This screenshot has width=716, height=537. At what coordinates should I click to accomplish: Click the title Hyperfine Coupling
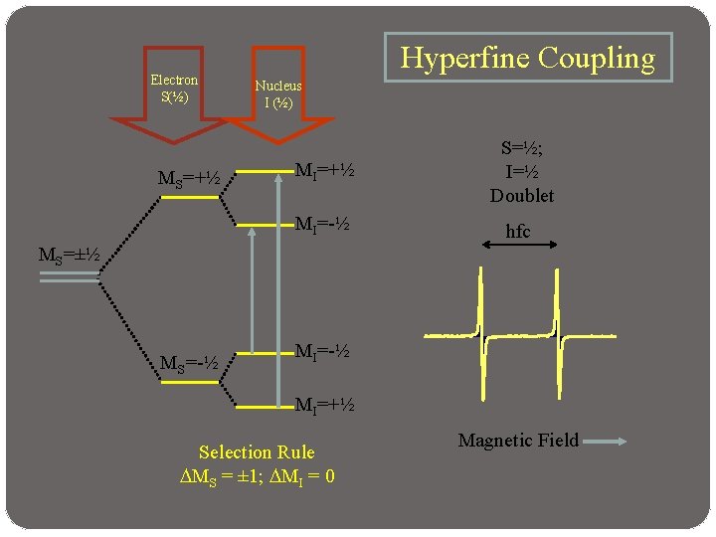[527, 58]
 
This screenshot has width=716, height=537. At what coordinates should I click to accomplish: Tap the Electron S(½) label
[174, 89]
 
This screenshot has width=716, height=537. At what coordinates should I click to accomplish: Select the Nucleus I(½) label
[277, 94]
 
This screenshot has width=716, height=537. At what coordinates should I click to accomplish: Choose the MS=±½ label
[69, 255]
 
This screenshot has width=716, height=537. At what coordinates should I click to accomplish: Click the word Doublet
[522, 195]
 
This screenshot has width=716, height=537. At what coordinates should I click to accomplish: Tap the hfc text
[518, 232]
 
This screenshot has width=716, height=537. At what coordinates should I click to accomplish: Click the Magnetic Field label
[518, 440]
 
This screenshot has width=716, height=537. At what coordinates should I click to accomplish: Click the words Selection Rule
[257, 452]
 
